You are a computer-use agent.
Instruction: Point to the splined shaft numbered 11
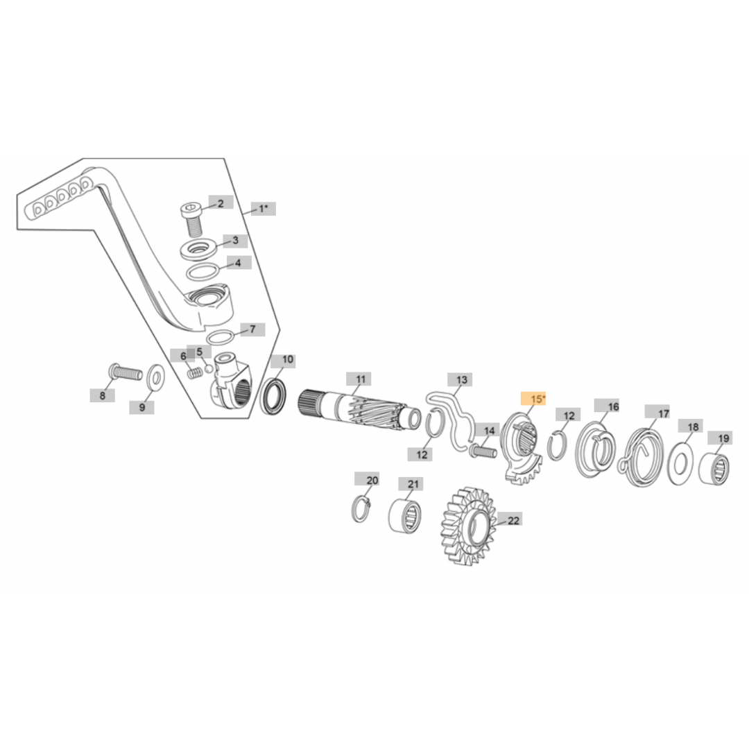tap(361, 410)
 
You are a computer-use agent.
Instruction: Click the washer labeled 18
tap(682, 463)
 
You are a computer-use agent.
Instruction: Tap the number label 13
tap(461, 379)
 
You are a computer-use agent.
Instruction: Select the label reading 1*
tap(263, 208)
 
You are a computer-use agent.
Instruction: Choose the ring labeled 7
tap(220, 337)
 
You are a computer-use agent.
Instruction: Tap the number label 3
tap(235, 240)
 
